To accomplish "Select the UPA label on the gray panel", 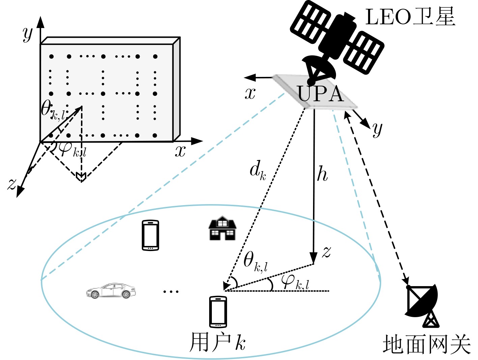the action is (320, 94).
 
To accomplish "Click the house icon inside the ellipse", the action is (222, 228).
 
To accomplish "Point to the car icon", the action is (111, 291).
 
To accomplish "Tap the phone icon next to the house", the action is (150, 235).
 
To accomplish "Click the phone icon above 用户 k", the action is (218, 311).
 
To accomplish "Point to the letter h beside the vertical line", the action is (322, 173).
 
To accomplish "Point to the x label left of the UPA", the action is (250, 94).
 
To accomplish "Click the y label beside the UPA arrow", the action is (377, 130).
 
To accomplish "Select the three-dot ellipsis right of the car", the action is (171, 292).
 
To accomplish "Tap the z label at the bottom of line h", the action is (327, 252).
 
